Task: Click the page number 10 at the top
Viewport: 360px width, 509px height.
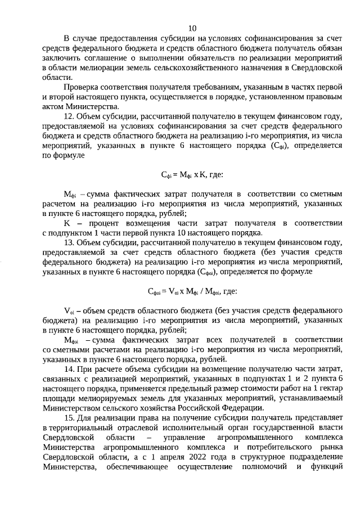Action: coord(192,28)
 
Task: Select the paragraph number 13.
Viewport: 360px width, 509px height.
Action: coord(69,243)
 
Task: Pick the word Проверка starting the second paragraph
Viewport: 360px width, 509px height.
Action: coord(82,88)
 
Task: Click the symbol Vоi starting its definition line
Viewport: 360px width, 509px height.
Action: coord(69,311)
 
